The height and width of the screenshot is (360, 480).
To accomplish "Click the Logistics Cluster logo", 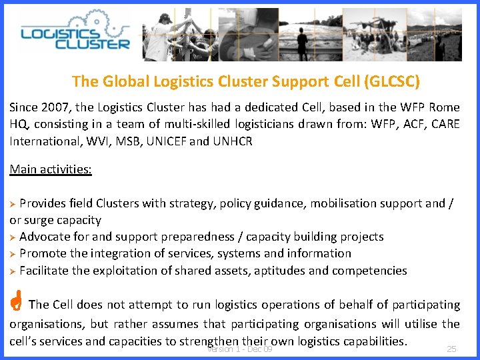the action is pyautogui.click(x=75, y=36).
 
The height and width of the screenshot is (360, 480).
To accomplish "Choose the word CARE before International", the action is pyautogui.click(x=443, y=124).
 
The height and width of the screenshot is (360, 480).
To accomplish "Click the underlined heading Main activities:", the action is pyautogui.click(x=51, y=169).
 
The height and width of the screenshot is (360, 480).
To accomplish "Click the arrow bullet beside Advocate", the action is pyautogui.click(x=13, y=237).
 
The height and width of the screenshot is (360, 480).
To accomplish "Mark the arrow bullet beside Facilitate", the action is pyautogui.click(x=13, y=271).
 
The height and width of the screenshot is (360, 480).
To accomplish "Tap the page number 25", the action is pyautogui.click(x=451, y=349).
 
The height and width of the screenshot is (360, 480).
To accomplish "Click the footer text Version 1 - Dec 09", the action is pyautogui.click(x=240, y=349).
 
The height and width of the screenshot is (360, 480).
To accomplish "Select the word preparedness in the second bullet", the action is pyautogui.click(x=194, y=237).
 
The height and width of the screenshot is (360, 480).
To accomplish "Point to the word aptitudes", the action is pyautogui.click(x=276, y=271).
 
